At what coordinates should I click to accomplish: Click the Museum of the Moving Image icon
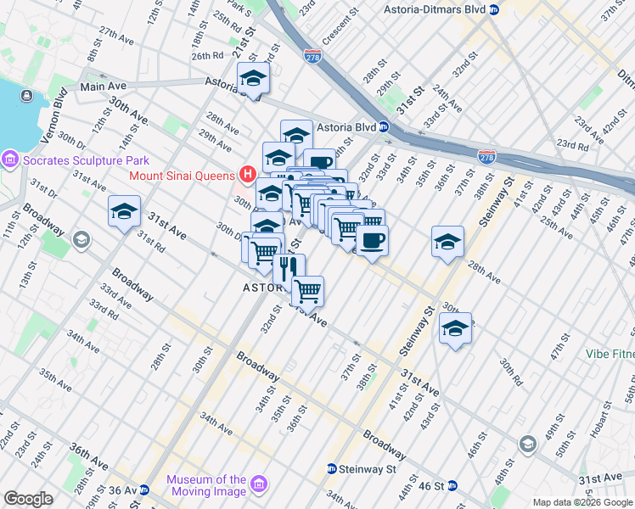pyautogui.click(x=258, y=484)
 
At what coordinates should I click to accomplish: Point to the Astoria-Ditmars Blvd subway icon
pyautogui.click(x=494, y=9)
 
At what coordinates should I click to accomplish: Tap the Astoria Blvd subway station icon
pyautogui.click(x=384, y=127)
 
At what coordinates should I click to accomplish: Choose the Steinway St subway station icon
pyautogui.click(x=332, y=468)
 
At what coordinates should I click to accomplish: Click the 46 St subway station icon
pyautogui.click(x=452, y=485)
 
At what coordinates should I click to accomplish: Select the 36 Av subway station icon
pyautogui.click(x=144, y=489)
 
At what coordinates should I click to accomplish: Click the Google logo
pyautogui.click(x=28, y=498)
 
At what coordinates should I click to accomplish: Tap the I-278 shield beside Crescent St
pyautogui.click(x=312, y=56)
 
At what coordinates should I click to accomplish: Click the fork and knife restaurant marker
pyautogui.click(x=288, y=267)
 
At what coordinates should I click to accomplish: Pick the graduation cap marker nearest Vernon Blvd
pyautogui.click(x=125, y=212)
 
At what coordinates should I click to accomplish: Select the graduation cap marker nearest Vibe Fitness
pyautogui.click(x=456, y=329)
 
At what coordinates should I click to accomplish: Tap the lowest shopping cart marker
pyautogui.click(x=307, y=291)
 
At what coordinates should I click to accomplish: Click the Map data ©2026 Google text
pyautogui.click(x=582, y=502)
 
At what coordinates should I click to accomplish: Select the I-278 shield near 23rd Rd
pyautogui.click(x=486, y=157)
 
